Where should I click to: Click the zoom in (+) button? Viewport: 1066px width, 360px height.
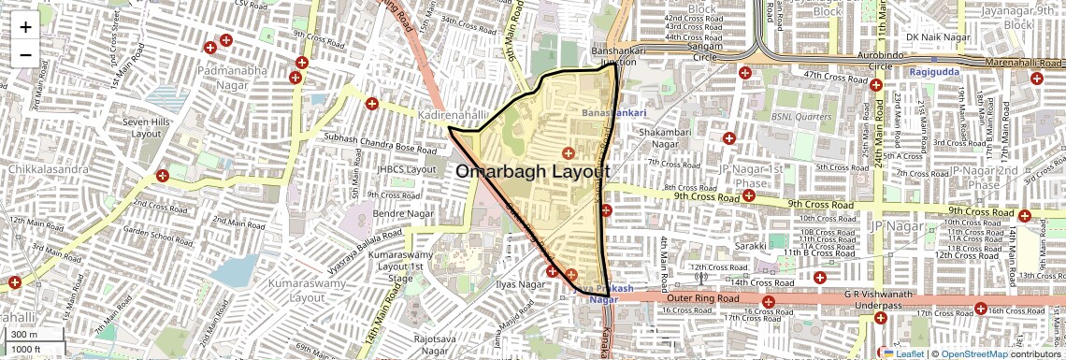click(x=25, y=26)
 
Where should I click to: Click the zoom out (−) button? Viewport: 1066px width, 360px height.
click(x=25, y=54)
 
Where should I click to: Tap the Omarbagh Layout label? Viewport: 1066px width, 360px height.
click(x=533, y=172)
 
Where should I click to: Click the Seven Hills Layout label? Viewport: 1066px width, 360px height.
click(x=147, y=127)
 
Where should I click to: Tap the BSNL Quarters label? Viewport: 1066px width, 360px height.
click(x=801, y=117)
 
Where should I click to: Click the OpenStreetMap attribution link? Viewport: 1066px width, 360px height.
click(x=973, y=353)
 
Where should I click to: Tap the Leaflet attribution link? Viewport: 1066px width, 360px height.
click(x=903, y=353)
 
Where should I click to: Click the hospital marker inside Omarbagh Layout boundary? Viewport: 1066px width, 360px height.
click(x=568, y=152)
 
